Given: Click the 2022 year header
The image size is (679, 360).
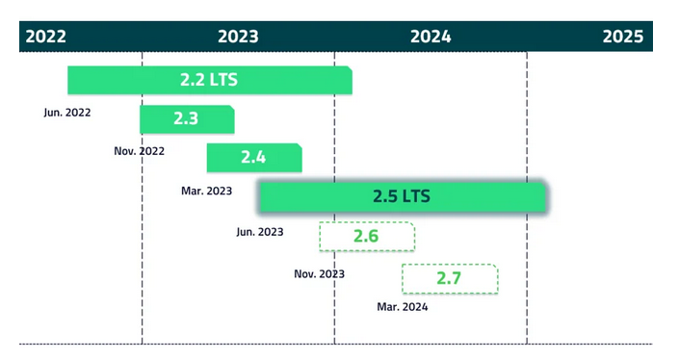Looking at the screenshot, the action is pyautogui.click(x=46, y=37).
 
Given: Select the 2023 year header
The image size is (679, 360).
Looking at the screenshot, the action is pyautogui.click(x=238, y=37).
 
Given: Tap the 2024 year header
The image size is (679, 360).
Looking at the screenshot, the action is pyautogui.click(x=431, y=37).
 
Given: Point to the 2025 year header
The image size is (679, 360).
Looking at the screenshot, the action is pyautogui.click(x=623, y=37).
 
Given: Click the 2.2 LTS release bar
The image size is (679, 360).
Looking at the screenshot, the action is pyautogui.click(x=210, y=80).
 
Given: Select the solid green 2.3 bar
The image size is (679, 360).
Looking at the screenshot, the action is pyautogui.click(x=187, y=119).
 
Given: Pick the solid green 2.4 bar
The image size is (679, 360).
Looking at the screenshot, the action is pyautogui.click(x=254, y=158).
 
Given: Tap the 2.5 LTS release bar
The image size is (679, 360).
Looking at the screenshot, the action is pyautogui.click(x=403, y=197).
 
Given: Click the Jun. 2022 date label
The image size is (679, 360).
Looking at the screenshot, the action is pyautogui.click(x=67, y=113).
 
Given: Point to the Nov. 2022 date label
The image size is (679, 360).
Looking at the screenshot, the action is pyautogui.click(x=139, y=151).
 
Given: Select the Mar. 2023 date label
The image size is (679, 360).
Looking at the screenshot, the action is pyautogui.click(x=206, y=191).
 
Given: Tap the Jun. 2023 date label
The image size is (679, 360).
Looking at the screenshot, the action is pyautogui.click(x=260, y=232).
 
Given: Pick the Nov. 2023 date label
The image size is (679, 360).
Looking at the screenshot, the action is pyautogui.click(x=319, y=274).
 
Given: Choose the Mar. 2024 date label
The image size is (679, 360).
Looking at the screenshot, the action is pyautogui.click(x=403, y=307).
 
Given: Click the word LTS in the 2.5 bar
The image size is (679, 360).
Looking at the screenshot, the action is pyautogui.click(x=416, y=196).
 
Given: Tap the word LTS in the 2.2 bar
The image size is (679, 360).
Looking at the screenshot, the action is pyautogui.click(x=223, y=80).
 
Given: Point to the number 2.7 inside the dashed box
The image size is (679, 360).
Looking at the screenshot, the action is pyautogui.click(x=449, y=278).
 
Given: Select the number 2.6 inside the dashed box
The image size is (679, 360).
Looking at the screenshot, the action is pyautogui.click(x=366, y=236).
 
